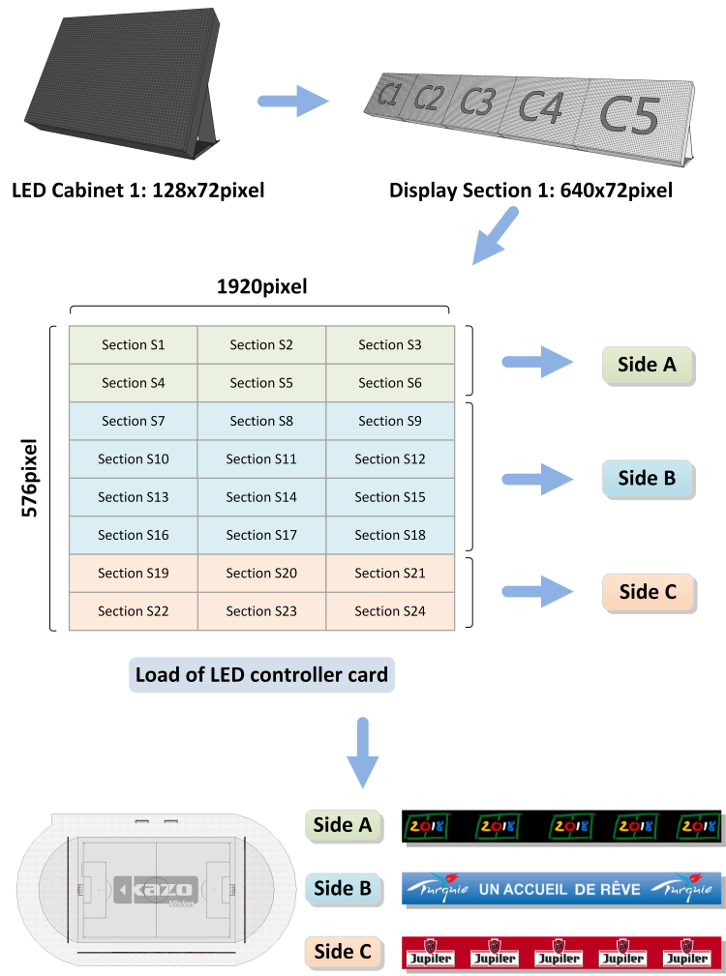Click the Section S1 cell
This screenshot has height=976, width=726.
(x=133, y=345)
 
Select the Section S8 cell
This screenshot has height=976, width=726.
(x=261, y=421)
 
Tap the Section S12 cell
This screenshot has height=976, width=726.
(x=389, y=458)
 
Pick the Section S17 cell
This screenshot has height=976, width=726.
(x=261, y=535)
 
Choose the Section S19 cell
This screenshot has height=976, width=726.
(x=133, y=573)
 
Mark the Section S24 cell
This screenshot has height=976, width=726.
(x=389, y=611)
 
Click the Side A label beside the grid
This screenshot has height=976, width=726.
(x=647, y=365)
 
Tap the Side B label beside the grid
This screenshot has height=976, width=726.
(x=647, y=478)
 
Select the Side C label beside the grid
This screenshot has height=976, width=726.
(x=647, y=592)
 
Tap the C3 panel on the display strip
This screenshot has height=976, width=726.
(x=477, y=102)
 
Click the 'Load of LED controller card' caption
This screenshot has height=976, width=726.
(x=261, y=675)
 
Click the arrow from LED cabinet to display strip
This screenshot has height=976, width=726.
(x=294, y=100)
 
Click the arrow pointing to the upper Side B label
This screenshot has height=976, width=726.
(x=537, y=479)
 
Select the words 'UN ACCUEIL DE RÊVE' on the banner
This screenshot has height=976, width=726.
(x=560, y=889)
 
